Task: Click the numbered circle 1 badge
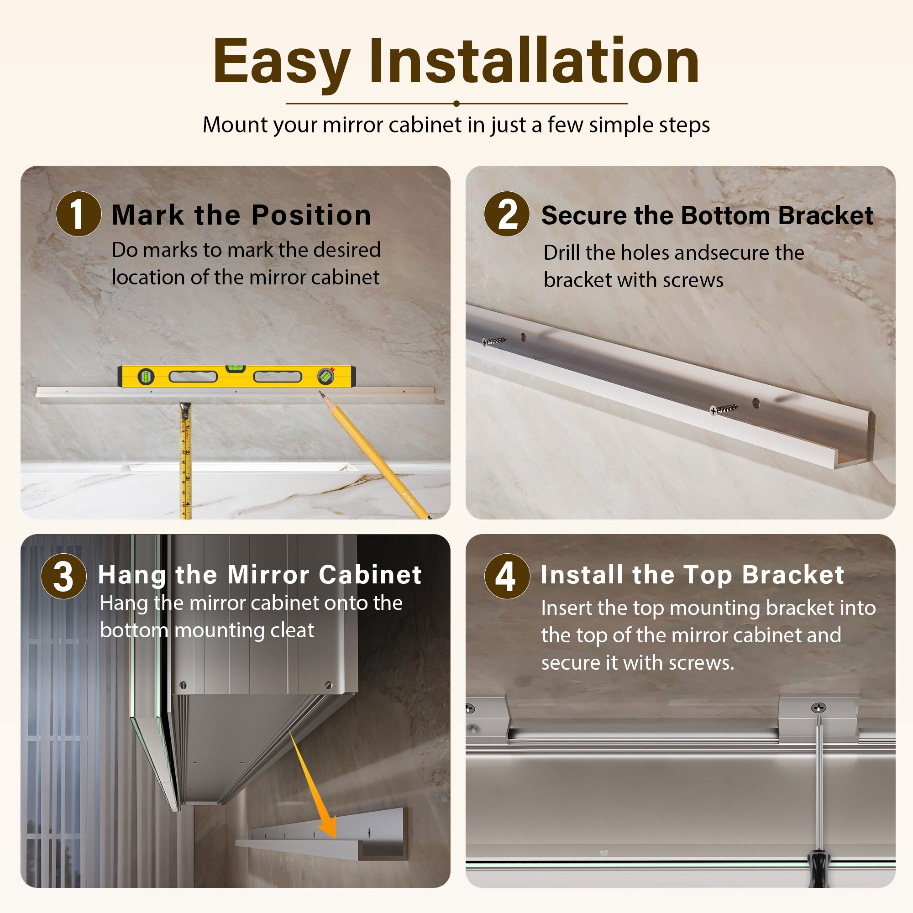tap(79, 214)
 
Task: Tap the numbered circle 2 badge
tap(507, 214)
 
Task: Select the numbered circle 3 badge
tap(64, 577)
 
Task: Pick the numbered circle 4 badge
tap(507, 577)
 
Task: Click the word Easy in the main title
tap(282, 63)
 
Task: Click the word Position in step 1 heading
tap(311, 215)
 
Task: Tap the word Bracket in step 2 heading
tap(825, 215)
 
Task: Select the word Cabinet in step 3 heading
tap(370, 575)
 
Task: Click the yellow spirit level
tap(236, 376)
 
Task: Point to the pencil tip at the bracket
tap(320, 392)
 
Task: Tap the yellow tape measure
tap(185, 461)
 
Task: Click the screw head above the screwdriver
tap(819, 708)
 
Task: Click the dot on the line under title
tap(456, 104)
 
